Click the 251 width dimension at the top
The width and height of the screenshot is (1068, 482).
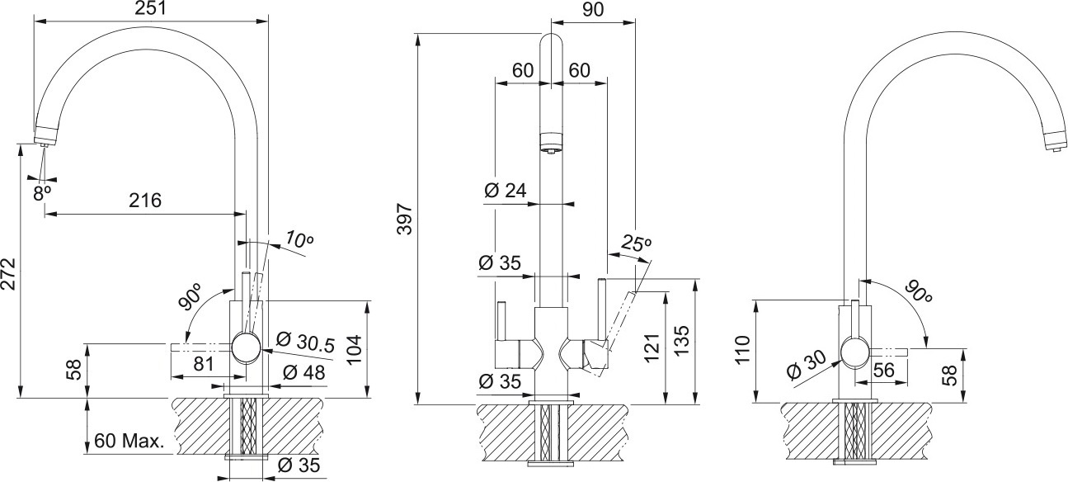(x=150, y=9)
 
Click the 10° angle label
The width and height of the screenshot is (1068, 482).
(x=299, y=240)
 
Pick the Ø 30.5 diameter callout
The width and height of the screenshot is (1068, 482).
(x=305, y=341)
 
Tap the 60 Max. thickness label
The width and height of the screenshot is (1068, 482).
(x=129, y=440)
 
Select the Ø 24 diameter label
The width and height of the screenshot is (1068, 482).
(x=505, y=191)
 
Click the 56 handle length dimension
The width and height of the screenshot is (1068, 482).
(x=882, y=372)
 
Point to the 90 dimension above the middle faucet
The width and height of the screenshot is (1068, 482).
(x=593, y=9)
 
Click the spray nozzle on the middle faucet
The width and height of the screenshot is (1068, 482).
(x=550, y=142)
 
